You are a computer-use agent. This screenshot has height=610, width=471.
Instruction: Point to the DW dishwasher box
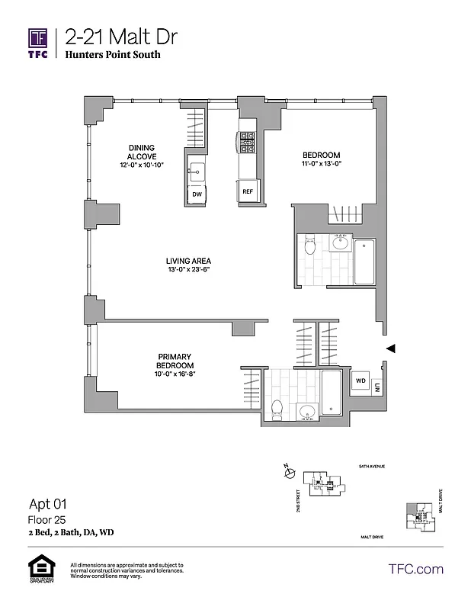197,194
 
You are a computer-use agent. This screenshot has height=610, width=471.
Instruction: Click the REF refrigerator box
248,192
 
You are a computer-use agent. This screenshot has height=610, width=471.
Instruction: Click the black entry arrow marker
390,348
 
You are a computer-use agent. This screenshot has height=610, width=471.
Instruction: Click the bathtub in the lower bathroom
333,392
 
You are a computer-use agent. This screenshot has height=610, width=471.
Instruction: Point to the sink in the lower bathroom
307,413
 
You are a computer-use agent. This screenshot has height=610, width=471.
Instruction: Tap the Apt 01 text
48,503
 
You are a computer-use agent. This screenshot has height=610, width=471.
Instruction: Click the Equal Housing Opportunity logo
39,570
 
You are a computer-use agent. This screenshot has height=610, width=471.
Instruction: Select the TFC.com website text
415,569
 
